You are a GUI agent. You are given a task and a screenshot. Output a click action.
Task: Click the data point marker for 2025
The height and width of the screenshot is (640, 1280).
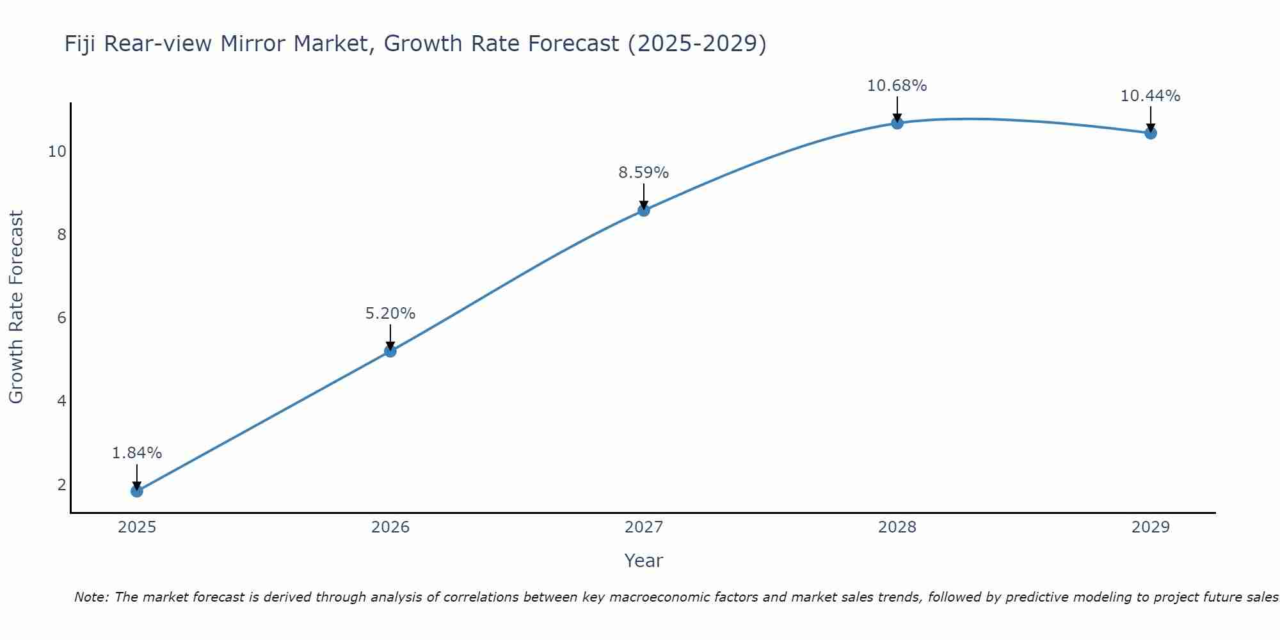click(137, 491)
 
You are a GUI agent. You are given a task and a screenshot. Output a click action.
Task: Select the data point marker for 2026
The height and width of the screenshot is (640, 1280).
click(390, 351)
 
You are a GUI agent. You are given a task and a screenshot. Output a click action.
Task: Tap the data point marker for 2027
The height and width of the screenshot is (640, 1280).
click(644, 210)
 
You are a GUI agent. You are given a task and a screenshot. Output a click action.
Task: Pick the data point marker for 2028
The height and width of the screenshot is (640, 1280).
click(897, 123)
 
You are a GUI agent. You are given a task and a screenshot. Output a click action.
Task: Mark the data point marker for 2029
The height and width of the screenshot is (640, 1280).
click(1151, 133)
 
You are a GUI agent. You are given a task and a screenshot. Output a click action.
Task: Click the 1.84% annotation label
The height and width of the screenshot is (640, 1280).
click(137, 453)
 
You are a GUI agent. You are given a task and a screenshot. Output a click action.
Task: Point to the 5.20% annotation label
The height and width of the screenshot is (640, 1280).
click(390, 314)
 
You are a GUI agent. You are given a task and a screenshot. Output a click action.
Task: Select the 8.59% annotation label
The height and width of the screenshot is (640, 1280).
click(644, 173)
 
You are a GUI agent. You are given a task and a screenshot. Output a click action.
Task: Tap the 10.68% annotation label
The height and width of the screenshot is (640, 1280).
click(897, 86)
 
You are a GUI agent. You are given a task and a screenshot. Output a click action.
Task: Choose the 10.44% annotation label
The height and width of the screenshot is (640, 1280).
click(1151, 96)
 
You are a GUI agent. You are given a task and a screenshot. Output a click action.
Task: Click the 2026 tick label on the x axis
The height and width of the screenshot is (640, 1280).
click(390, 527)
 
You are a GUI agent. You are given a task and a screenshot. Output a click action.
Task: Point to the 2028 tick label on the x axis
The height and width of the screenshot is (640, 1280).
click(897, 527)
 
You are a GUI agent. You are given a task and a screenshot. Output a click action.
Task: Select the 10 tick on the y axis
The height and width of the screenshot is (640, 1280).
click(57, 152)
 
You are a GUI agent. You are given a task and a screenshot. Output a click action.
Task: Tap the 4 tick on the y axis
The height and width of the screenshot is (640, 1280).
click(61, 401)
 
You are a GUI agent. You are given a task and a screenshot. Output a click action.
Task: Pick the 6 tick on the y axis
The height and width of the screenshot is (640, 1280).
click(61, 318)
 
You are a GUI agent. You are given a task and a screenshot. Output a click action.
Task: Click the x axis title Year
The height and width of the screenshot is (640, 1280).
click(644, 561)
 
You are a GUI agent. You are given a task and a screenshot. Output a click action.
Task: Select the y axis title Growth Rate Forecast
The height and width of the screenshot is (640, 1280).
click(17, 307)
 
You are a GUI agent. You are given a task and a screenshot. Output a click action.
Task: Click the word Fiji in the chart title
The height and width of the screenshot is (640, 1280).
click(81, 44)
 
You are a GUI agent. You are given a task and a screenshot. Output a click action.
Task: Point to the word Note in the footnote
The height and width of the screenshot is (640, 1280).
click(91, 597)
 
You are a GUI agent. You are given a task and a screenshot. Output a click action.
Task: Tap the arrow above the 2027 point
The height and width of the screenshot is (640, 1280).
click(644, 196)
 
